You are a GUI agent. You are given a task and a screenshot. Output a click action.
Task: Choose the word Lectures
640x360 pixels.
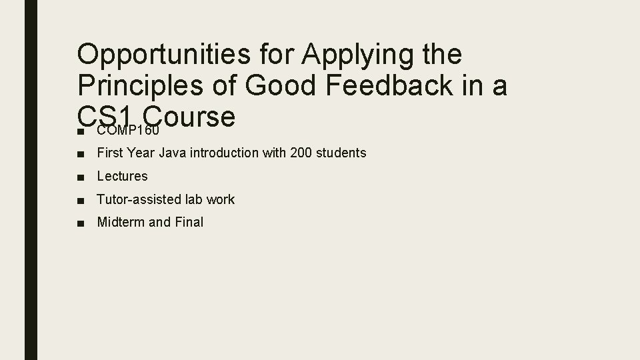click(x=122, y=176)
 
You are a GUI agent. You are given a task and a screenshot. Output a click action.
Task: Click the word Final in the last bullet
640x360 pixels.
click(x=189, y=222)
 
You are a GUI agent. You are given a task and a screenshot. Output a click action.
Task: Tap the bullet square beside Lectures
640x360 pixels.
click(x=81, y=177)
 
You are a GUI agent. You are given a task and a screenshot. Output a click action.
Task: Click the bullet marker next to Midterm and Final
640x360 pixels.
click(x=81, y=223)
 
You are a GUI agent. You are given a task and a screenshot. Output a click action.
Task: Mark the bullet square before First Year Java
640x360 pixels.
click(x=81, y=153)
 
